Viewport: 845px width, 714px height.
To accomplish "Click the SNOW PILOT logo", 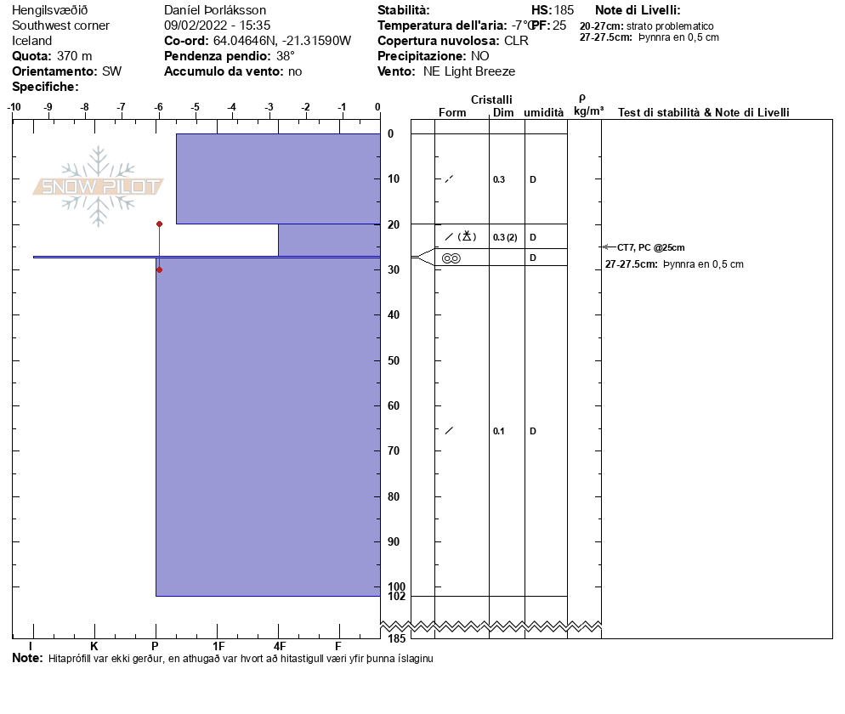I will [x=99, y=186].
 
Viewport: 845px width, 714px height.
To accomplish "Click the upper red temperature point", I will [x=159, y=224].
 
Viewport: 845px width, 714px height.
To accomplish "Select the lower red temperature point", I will [x=159, y=269].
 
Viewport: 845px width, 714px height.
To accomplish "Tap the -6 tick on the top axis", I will [x=158, y=107].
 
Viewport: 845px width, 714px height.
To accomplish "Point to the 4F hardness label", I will [x=278, y=646].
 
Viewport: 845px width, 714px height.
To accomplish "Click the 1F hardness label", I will [x=218, y=646].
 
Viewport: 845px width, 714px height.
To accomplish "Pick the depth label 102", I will [x=396, y=597].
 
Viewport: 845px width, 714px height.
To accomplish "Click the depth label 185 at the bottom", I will [x=396, y=638].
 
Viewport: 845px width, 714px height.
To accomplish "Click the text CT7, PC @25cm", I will [x=650, y=247].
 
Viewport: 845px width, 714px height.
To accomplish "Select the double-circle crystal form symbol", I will [x=451, y=258].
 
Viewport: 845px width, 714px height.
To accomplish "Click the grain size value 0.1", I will [x=499, y=431].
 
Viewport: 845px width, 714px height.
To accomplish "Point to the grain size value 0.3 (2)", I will [x=505, y=237].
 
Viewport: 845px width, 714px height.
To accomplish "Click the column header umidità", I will [x=543, y=112].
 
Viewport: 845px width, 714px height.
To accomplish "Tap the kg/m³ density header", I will [x=588, y=110].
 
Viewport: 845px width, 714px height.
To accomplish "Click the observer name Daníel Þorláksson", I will [x=215, y=10].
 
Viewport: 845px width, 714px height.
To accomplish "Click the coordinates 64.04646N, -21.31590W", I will [x=281, y=41].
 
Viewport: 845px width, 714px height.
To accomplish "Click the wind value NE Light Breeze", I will [x=469, y=71].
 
